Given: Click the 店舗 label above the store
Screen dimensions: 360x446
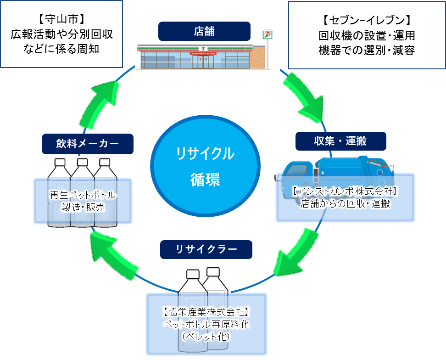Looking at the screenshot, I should [204, 31].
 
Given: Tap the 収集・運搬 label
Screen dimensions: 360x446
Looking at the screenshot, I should [340, 141].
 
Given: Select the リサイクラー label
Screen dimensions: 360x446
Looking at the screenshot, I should [206, 249].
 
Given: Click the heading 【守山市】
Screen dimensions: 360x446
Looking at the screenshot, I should [62, 19].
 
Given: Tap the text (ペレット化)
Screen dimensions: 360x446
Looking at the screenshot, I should [206, 337].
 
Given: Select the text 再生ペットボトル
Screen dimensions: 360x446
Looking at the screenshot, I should [83, 196].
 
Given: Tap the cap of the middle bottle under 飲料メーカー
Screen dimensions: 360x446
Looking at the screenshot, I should [83, 162].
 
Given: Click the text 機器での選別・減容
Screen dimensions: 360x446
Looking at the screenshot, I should [367, 51].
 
